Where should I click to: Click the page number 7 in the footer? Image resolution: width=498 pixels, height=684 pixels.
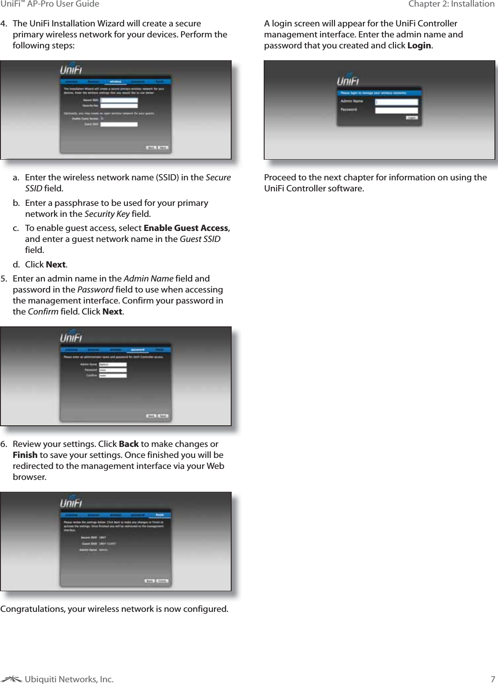pyautogui.click(x=493, y=679)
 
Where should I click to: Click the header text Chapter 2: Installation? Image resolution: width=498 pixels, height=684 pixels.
pyautogui.click(x=451, y=4)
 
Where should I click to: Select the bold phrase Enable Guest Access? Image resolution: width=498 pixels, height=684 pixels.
pyautogui.click(x=185, y=228)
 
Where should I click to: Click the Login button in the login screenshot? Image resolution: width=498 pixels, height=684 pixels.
pyautogui.click(x=412, y=118)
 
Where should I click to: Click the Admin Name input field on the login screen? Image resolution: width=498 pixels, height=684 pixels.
pyautogui.click(x=396, y=102)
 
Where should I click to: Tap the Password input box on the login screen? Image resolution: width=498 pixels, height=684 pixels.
pyautogui.click(x=396, y=110)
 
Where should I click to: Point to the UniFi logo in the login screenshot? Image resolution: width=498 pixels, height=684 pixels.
pyautogui.click(x=348, y=82)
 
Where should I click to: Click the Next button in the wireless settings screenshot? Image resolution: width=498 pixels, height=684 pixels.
pyautogui.click(x=163, y=147)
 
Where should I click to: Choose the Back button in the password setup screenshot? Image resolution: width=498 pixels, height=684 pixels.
pyautogui.click(x=151, y=416)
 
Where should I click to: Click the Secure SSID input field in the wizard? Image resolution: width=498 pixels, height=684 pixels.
pyautogui.click(x=119, y=100)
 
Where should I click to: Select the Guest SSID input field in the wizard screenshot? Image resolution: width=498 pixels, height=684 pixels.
pyautogui.click(x=119, y=124)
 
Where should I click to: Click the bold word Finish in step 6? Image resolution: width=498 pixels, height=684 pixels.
pyautogui.click(x=25, y=455)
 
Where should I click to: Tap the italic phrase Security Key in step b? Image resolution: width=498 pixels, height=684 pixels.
pyautogui.click(x=106, y=214)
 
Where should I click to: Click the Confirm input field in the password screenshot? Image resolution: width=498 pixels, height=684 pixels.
pyautogui.click(x=113, y=376)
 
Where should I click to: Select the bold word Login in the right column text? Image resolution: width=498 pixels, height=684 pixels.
pyautogui.click(x=419, y=45)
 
